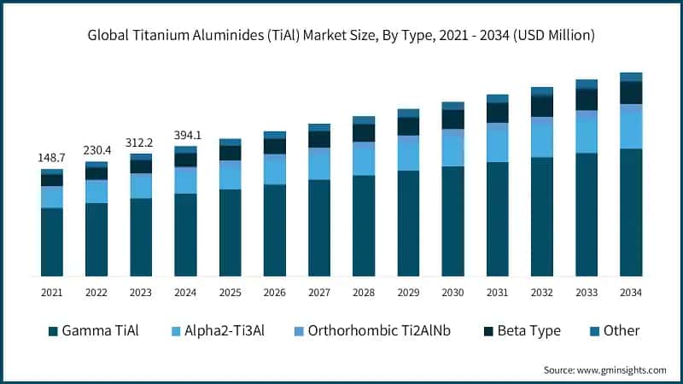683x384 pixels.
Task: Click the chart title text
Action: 341,36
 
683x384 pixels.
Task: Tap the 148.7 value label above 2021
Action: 52,159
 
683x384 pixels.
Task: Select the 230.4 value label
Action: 96,150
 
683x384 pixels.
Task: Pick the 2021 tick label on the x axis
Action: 52,293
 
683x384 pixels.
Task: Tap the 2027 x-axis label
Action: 319,293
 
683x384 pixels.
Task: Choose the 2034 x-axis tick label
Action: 631,293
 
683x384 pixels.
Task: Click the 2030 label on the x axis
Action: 452,293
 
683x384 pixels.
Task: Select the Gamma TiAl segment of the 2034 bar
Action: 631,212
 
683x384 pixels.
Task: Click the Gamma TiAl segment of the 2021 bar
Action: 52,242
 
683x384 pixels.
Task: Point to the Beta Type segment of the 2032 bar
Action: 541,106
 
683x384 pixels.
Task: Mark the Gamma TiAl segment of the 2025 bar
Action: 230,233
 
